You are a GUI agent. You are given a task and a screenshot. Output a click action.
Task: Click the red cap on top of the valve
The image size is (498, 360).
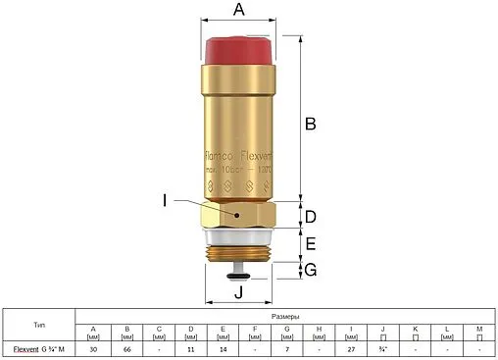click(x=240, y=49)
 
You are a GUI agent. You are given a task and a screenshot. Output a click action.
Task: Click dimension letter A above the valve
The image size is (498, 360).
click(x=238, y=11)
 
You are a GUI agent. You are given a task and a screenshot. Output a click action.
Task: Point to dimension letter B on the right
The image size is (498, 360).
click(x=310, y=125)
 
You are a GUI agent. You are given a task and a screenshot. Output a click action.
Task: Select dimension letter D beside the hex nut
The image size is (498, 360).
click(x=310, y=217)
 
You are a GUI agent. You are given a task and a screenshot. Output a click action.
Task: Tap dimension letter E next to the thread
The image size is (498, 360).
click(x=310, y=244)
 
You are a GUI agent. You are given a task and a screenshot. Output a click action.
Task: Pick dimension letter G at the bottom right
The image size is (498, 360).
click(x=310, y=270)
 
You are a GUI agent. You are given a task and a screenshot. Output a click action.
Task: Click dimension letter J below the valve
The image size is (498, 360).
click(x=237, y=291)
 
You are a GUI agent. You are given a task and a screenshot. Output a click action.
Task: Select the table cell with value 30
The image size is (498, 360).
click(x=93, y=348)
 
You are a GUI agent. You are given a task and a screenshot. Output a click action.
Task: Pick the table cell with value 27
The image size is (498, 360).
click(x=350, y=348)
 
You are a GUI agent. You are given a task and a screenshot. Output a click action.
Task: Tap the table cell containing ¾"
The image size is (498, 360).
click(x=382, y=348)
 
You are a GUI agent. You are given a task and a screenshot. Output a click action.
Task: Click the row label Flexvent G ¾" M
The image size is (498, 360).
click(x=38, y=348)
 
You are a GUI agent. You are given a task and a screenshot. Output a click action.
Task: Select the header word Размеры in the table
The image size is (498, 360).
click(x=285, y=317)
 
